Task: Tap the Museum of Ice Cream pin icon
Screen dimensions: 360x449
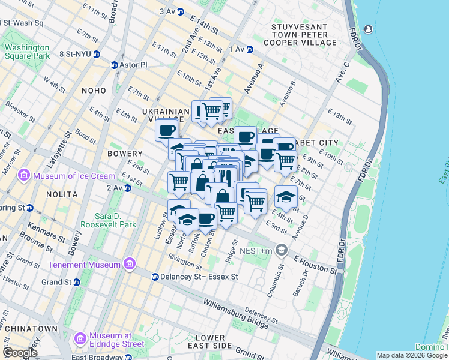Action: point(24,175)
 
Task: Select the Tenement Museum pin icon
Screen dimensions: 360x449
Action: point(128,265)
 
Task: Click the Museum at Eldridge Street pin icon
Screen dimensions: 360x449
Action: point(80,340)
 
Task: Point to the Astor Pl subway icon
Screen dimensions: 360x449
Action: point(114,65)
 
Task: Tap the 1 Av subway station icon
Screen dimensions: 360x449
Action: point(250,49)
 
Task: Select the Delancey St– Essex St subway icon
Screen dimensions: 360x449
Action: point(155,277)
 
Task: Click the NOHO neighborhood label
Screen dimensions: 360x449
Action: point(94,90)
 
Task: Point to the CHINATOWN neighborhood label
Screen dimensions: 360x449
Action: point(29,329)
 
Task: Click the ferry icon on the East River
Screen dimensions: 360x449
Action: point(367,29)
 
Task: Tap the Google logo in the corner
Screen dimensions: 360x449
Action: point(20,353)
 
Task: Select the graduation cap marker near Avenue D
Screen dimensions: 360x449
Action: point(286,196)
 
